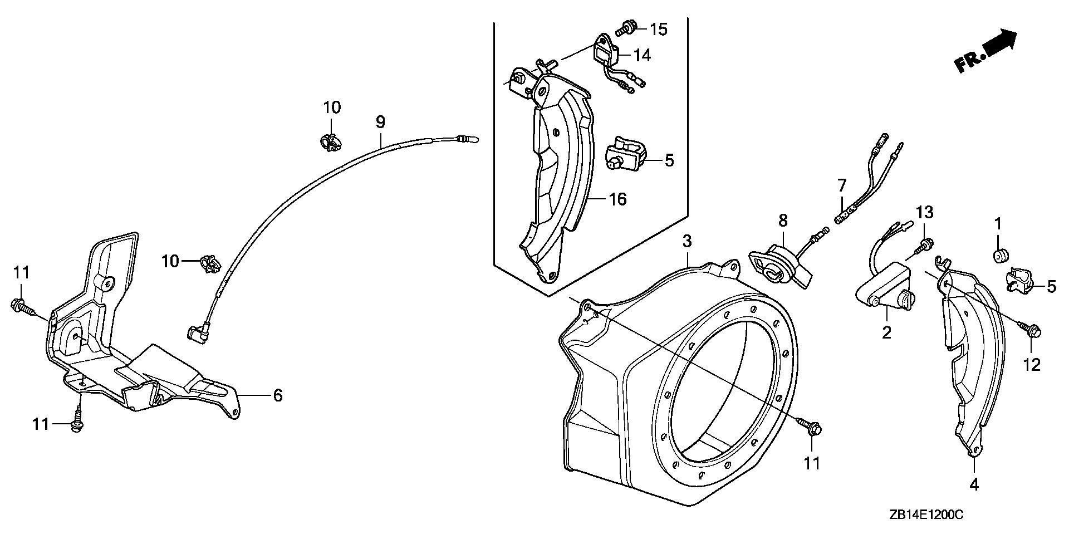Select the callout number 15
click(x=659, y=29)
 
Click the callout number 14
click(x=641, y=55)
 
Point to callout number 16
click(x=617, y=199)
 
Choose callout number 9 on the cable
click(x=380, y=122)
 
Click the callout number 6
click(x=277, y=395)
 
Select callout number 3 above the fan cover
click(x=687, y=241)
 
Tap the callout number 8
click(x=783, y=221)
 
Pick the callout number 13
click(x=924, y=212)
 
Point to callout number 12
click(x=1031, y=365)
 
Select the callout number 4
click(x=973, y=485)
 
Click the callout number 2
click(x=886, y=332)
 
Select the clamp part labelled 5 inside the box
click(x=626, y=159)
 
